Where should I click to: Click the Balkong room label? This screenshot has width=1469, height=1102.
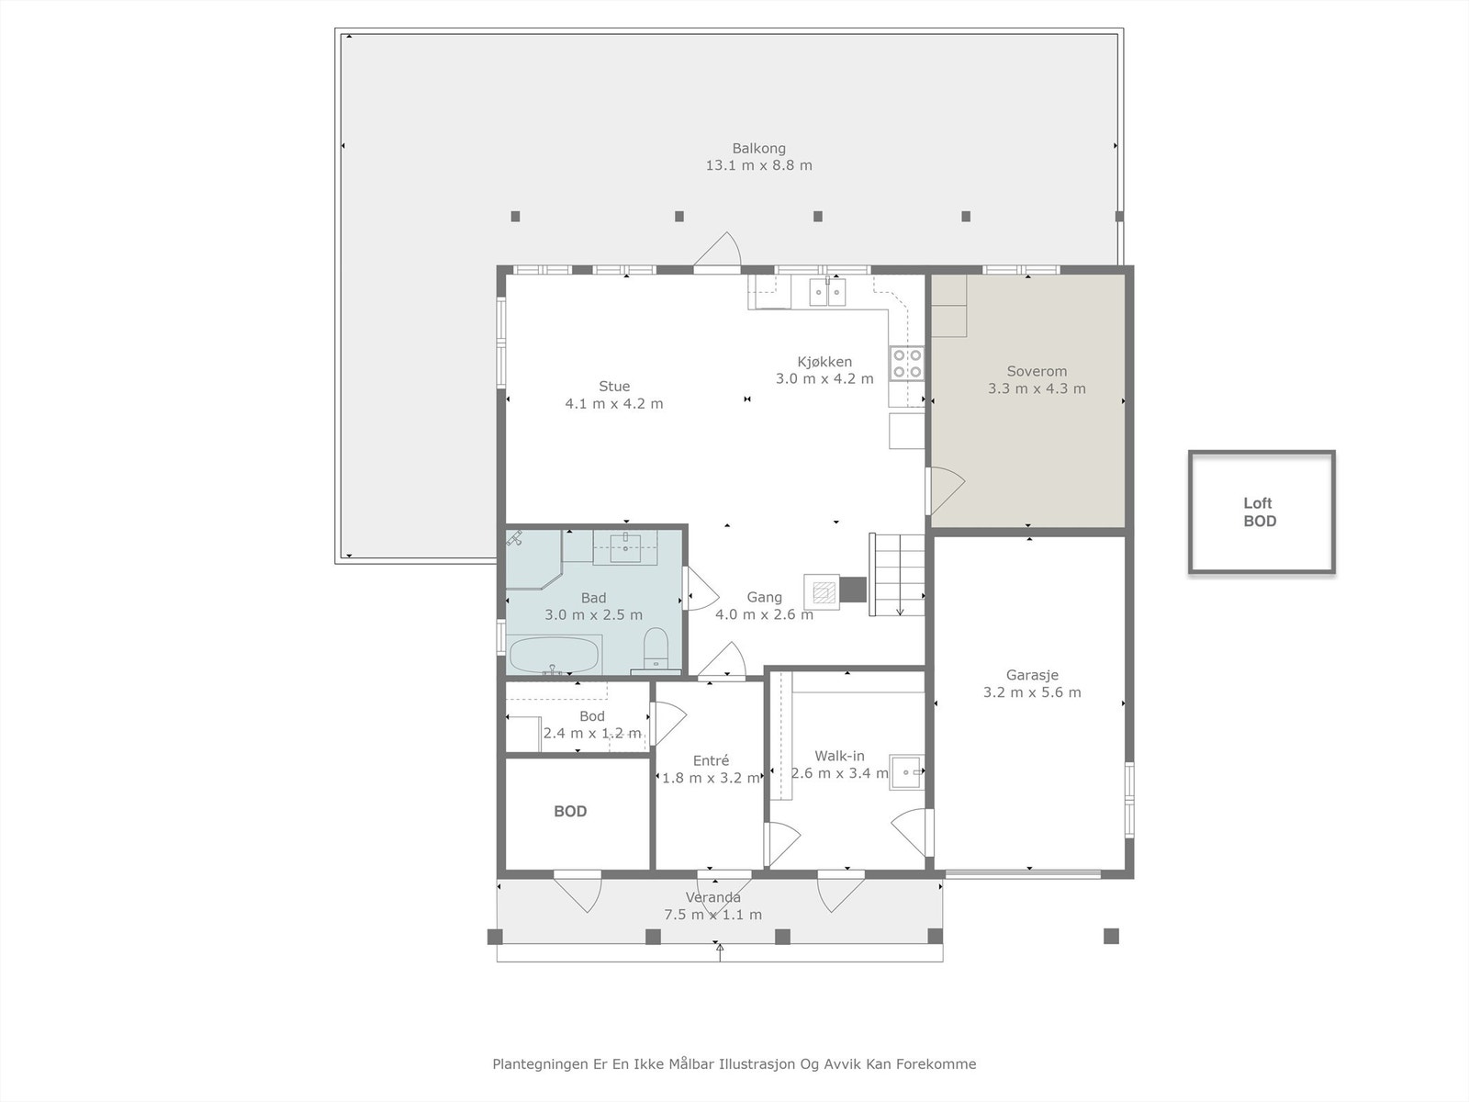coord(758,149)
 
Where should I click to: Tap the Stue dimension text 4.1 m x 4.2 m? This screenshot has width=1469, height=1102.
coord(614,403)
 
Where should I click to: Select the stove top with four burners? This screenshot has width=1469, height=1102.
coord(907,364)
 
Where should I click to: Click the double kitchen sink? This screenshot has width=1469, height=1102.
coord(827,292)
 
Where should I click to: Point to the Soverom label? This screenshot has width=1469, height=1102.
coord(1037,371)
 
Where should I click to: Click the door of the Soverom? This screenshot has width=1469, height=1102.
coord(945,491)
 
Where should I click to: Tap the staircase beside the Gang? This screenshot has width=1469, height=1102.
coord(897,574)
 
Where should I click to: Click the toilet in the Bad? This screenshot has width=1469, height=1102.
coord(656,647)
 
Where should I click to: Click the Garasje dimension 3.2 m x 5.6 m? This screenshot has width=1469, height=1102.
coord(1032,692)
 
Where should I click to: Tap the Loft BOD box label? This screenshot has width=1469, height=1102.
coord(1260,512)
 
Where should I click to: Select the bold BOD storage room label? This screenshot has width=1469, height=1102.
coord(570,812)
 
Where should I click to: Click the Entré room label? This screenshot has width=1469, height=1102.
coord(711,760)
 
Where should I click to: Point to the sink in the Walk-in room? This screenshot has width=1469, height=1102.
coord(907,773)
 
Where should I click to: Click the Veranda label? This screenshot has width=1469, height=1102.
coord(712,898)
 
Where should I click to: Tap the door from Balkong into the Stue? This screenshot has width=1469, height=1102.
coord(717,250)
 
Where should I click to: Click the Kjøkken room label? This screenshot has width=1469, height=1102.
coord(824,362)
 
